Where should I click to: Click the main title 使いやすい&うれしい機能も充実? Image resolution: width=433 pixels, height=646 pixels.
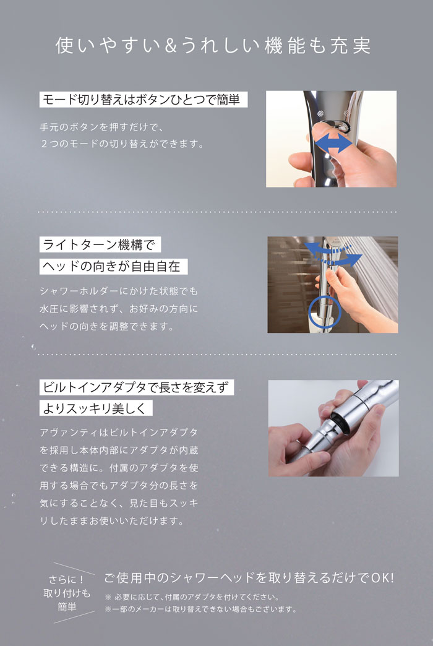coord(213,46)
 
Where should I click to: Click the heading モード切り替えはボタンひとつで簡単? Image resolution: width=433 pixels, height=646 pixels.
coord(143,99)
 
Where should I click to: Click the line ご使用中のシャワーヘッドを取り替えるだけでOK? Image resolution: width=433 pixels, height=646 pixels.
coord(249,578)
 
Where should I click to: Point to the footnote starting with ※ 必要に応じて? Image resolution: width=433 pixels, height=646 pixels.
coord(192,598)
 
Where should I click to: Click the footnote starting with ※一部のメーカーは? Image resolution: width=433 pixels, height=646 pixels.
coord(200,609)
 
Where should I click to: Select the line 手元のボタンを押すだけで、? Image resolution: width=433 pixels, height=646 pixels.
coord(100,127)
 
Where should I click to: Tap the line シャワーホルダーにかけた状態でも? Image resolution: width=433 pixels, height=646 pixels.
coord(118,291)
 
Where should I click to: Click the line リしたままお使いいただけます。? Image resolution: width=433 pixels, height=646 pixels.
coord(111,520)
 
